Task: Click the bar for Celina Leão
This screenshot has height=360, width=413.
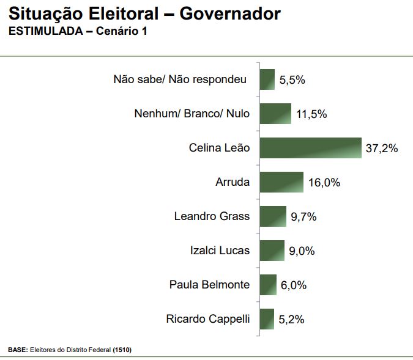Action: (x=310, y=148)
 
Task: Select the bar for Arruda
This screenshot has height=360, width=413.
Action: (x=281, y=182)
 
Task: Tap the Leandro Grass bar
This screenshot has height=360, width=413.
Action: (x=273, y=216)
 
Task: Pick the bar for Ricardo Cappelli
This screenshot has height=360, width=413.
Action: (x=267, y=319)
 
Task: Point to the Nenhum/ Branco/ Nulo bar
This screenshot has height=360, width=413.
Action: (x=275, y=114)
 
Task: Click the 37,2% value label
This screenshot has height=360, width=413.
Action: (x=382, y=148)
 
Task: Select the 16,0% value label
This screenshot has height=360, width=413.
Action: (x=324, y=182)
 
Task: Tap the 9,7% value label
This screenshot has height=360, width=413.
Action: (x=304, y=216)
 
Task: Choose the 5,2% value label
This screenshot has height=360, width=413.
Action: (x=292, y=319)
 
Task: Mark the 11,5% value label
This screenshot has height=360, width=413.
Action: (x=311, y=114)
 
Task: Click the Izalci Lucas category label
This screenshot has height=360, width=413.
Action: (x=220, y=250)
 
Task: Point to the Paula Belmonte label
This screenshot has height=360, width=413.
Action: (x=209, y=284)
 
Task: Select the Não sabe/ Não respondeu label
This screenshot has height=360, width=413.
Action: (x=180, y=79)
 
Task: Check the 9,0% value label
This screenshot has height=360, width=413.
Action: (x=302, y=251)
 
